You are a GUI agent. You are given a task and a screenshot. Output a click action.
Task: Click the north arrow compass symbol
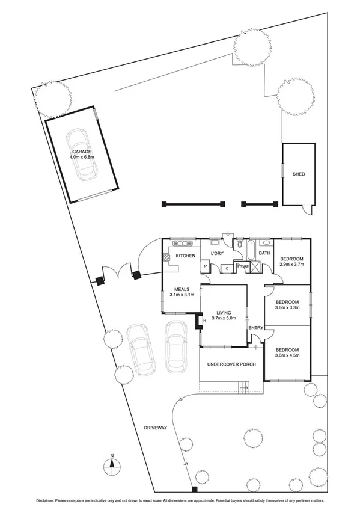[112, 465]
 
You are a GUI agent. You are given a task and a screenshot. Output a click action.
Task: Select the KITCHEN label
[186, 257]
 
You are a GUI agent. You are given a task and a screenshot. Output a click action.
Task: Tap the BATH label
[264, 253]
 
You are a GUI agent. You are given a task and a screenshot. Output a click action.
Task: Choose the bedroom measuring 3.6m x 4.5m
[287, 355]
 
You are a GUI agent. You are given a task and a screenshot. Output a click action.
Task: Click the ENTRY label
[256, 327]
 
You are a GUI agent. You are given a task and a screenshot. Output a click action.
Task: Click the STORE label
[242, 266]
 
